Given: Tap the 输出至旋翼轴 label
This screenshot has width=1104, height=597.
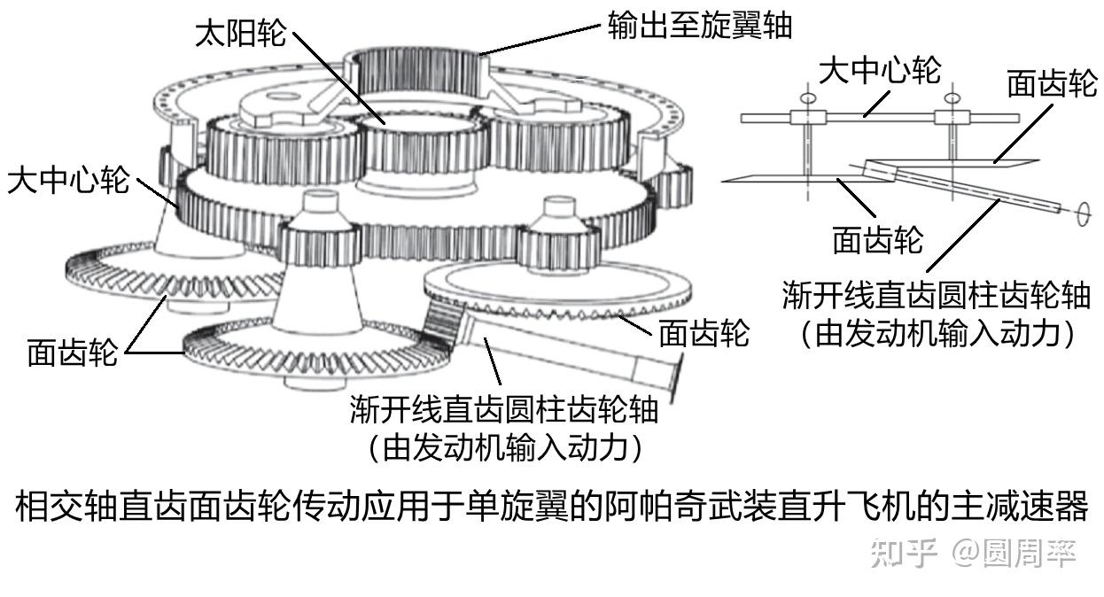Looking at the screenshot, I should [x=699, y=25].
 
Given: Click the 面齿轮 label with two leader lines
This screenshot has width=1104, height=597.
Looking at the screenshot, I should [x=72, y=352].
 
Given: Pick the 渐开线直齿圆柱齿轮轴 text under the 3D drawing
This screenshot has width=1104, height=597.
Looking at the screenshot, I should [x=504, y=410].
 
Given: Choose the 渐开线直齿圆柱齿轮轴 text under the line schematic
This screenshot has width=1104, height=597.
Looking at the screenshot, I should [x=936, y=295].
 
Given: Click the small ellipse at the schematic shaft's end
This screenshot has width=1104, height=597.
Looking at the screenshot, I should [x=1081, y=215].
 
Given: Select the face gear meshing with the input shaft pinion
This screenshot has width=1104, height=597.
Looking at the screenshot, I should [x=558, y=292].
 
